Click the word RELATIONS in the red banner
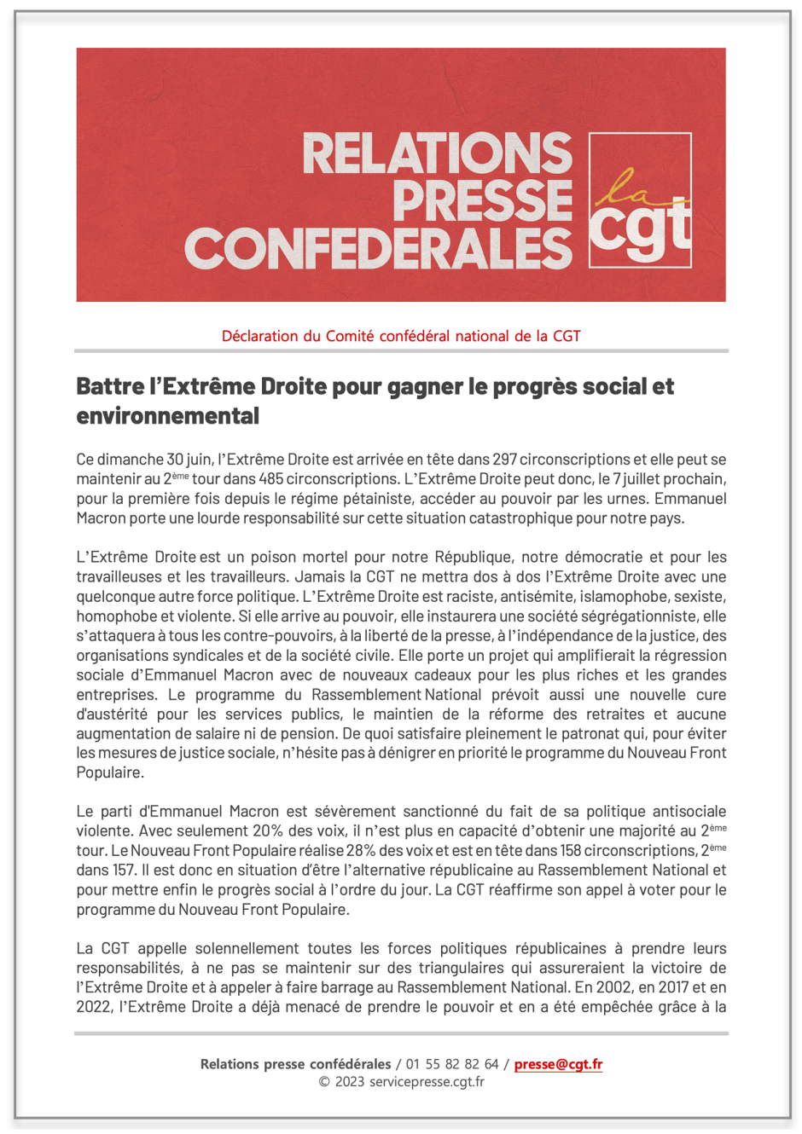coord(437,153)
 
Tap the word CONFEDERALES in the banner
coord(378,248)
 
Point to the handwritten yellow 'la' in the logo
coord(617,186)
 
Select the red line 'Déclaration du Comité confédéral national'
coord(401,336)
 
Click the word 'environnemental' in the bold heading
coord(168,416)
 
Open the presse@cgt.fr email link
coord(558,1064)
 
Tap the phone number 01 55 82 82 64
coord(452,1064)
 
